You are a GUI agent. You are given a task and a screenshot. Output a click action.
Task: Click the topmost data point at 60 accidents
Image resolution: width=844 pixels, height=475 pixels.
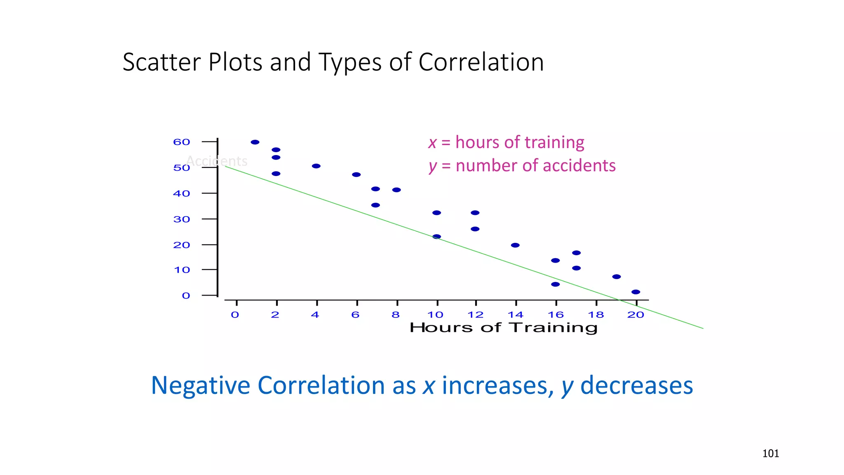pyautogui.click(x=255, y=142)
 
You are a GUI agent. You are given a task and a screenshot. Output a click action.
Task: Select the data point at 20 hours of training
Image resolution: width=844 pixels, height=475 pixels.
pyautogui.click(x=636, y=292)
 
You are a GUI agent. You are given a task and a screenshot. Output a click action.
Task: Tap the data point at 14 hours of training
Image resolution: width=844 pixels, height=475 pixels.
pyautogui.click(x=515, y=245)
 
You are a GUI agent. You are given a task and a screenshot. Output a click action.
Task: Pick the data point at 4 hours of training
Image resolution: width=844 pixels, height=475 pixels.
pyautogui.click(x=316, y=166)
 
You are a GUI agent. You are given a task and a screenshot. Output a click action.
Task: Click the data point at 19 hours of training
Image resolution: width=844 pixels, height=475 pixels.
pyautogui.click(x=617, y=277)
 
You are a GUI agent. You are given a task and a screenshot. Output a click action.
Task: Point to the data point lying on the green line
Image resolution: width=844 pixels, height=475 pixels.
pyautogui.click(x=437, y=237)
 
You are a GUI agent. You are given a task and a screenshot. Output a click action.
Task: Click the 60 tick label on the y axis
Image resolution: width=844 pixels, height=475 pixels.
pyautogui.click(x=181, y=142)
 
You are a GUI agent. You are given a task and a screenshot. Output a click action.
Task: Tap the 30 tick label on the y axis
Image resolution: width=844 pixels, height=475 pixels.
pyautogui.click(x=181, y=219)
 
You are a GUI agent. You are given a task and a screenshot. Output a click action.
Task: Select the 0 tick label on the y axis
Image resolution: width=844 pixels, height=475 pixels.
pyautogui.click(x=186, y=296)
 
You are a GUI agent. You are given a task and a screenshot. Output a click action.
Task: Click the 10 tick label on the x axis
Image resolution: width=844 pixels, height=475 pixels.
pyautogui.click(x=435, y=315)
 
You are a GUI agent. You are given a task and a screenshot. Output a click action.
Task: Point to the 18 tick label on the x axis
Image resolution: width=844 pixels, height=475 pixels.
pyautogui.click(x=595, y=315)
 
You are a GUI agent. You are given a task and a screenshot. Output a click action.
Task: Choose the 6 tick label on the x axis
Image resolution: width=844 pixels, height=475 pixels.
pyautogui.click(x=355, y=315)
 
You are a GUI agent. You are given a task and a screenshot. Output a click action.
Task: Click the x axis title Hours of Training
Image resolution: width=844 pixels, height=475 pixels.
pyautogui.click(x=503, y=328)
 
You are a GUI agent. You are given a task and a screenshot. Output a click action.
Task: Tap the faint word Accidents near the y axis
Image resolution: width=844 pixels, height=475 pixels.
pyautogui.click(x=217, y=161)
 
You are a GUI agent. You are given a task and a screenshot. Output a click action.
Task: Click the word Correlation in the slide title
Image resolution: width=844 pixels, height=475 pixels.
pyautogui.click(x=481, y=62)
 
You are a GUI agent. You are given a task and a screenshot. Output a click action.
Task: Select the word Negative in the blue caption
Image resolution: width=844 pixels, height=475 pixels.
pyautogui.click(x=201, y=386)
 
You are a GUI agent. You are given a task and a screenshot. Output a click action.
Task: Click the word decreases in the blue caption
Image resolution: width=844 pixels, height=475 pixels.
pyautogui.click(x=636, y=386)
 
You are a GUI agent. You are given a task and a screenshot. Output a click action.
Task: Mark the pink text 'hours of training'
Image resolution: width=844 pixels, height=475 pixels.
pyautogui.click(x=520, y=142)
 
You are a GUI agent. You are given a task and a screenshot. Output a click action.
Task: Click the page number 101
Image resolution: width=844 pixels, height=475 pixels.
pyautogui.click(x=771, y=454)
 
